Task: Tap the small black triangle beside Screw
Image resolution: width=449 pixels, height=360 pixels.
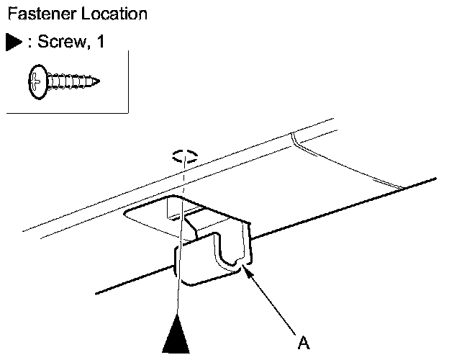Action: pos(14,42)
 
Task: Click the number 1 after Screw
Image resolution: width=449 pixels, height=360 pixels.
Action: pos(101,42)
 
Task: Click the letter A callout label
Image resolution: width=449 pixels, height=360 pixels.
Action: pos(304,342)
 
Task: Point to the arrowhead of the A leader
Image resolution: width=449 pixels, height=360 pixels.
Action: pos(247,270)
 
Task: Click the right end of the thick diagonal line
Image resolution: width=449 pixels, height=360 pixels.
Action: pos(435,179)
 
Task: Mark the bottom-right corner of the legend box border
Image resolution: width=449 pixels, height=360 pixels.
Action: pos(127,112)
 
